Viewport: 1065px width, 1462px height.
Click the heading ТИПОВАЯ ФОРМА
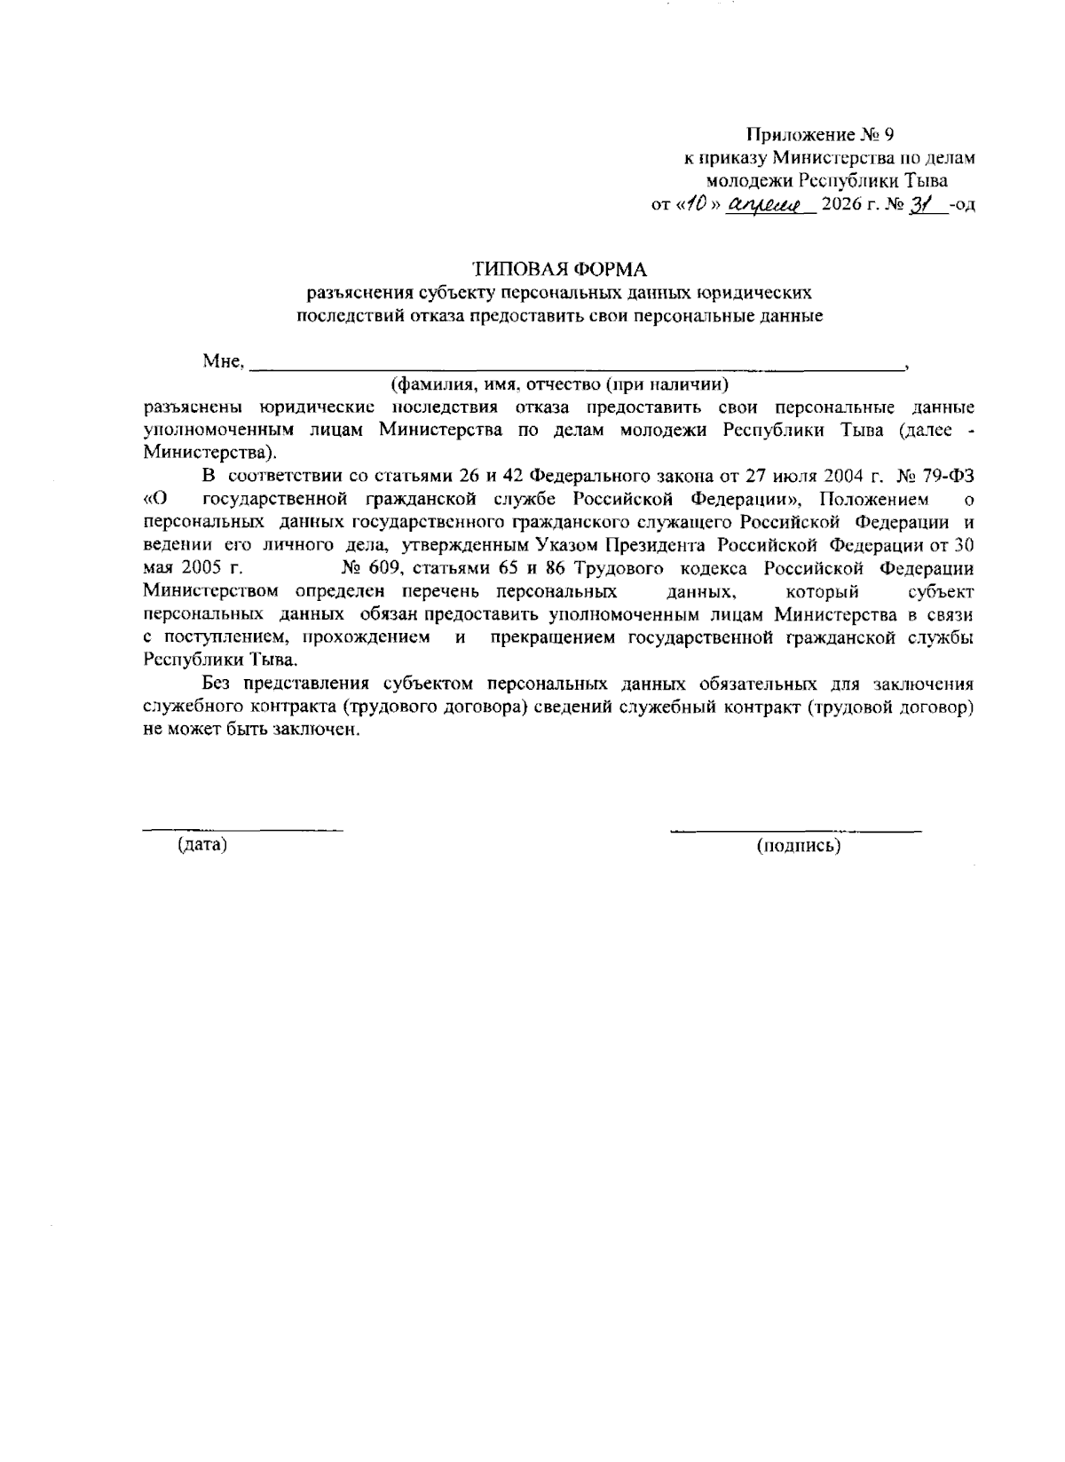559,268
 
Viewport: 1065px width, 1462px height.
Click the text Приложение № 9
820,135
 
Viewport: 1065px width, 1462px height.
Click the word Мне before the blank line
222,361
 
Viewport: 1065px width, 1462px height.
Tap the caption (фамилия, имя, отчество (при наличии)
559,384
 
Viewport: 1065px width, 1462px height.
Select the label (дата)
202,845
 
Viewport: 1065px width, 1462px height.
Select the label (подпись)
798,846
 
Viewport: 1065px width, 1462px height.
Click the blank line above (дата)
243,829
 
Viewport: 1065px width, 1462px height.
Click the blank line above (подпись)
795,830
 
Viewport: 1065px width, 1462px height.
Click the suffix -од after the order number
962,206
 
